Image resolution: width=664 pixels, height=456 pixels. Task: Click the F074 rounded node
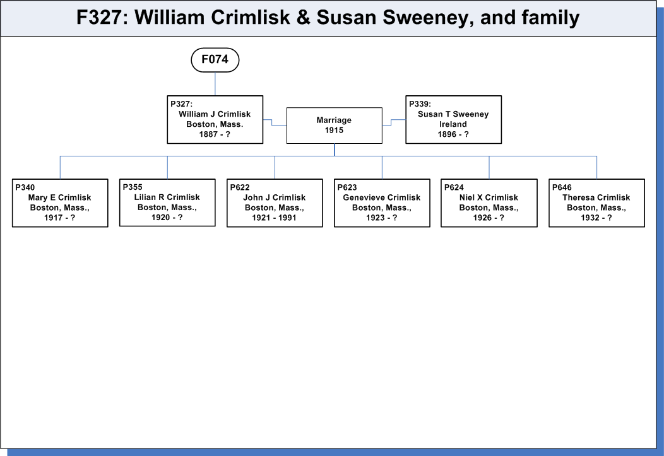tap(215, 60)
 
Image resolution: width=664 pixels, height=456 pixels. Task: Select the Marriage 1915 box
tap(334, 126)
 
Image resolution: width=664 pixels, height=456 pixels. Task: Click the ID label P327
tap(181, 104)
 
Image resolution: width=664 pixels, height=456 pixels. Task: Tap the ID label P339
tap(420, 104)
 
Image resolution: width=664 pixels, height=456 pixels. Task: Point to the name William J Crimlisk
tap(215, 114)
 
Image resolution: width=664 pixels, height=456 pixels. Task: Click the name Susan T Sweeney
tap(453, 114)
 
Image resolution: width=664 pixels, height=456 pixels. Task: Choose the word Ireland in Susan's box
tap(453, 124)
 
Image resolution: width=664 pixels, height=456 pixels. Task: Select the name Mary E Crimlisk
tap(60, 197)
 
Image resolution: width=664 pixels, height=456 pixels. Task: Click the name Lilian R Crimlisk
tap(167, 197)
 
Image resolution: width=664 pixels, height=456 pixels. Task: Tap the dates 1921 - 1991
tap(275, 218)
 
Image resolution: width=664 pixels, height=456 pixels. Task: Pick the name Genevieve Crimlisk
tap(381, 197)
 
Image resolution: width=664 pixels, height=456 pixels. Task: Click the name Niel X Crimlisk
tap(489, 197)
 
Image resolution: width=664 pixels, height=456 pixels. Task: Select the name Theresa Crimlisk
tap(596, 197)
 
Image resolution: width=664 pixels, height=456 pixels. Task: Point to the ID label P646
tap(562, 187)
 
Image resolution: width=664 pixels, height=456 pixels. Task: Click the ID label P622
tap(240, 187)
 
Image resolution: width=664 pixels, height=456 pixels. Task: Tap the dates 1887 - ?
tap(215, 134)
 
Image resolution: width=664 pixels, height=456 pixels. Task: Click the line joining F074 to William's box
tap(215, 84)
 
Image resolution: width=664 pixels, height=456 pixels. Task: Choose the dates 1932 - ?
tap(596, 218)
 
